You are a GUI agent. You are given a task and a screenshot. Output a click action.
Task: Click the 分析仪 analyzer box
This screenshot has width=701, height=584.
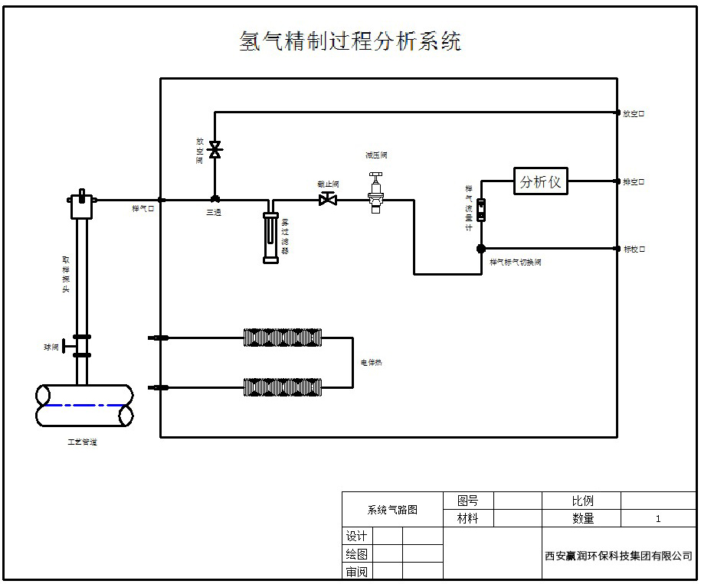[541, 182]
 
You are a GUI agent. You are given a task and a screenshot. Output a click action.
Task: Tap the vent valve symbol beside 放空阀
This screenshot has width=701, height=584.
[215, 149]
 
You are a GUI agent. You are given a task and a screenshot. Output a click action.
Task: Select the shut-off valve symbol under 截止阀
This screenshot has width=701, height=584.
[328, 200]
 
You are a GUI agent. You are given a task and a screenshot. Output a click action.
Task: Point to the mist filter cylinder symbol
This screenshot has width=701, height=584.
[270, 237]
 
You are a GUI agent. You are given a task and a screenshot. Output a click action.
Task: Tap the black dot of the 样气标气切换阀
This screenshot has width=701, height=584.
[481, 248]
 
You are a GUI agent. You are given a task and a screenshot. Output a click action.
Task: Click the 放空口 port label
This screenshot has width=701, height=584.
[634, 113]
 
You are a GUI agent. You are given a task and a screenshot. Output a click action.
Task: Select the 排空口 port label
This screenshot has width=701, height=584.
[634, 182]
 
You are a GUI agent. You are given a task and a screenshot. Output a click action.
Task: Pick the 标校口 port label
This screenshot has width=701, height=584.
[634, 249]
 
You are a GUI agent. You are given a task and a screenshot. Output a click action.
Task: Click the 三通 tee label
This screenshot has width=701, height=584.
[213, 213]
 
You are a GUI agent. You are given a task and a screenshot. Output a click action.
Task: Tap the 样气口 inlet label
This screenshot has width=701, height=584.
[143, 208]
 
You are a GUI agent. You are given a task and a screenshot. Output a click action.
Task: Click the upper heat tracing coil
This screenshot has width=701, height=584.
[283, 338]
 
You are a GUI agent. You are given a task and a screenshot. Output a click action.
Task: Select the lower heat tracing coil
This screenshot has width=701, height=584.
[283, 387]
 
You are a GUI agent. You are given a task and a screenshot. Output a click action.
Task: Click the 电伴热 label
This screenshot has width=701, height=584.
[372, 363]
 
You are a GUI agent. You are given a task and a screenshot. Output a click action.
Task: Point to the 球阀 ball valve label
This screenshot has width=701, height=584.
[51, 347]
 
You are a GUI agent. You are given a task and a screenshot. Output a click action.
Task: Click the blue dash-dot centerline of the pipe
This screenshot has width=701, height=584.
[84, 405]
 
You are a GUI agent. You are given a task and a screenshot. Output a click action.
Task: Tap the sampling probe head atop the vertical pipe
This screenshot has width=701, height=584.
[80, 204]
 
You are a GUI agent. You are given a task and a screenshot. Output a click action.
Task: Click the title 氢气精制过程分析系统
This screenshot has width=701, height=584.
[350, 41]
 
